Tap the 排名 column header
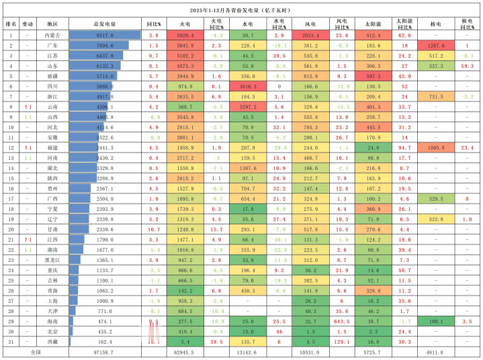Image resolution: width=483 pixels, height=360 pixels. [11, 23]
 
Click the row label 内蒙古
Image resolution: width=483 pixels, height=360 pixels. [52, 34]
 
